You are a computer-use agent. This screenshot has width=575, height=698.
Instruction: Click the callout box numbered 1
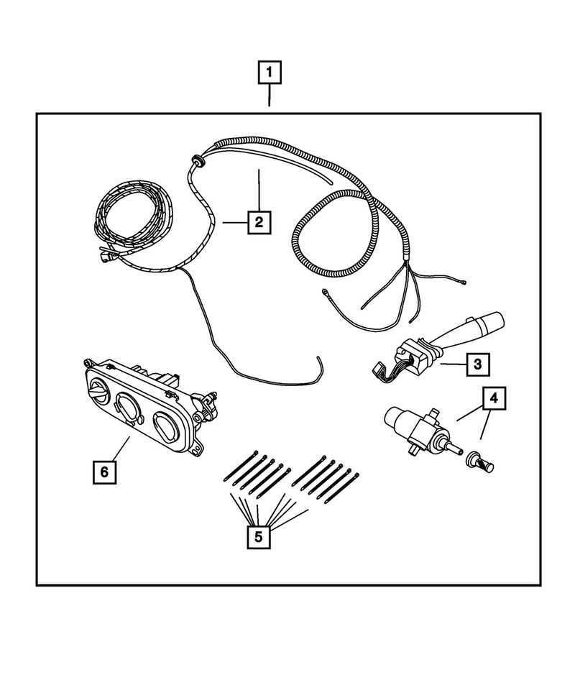pyautogui.click(x=270, y=73)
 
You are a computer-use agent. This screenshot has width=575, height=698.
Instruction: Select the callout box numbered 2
pyautogui.click(x=259, y=221)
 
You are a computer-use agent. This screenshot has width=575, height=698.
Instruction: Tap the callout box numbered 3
pyautogui.click(x=478, y=364)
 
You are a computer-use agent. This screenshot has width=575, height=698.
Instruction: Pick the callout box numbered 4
pyautogui.click(x=494, y=398)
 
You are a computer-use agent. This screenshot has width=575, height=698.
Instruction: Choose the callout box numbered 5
pyautogui.click(x=259, y=537)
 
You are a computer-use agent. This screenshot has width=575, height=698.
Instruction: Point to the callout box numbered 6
pyautogui.click(x=105, y=472)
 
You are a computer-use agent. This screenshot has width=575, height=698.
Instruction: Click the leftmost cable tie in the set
pyautogui.click(x=240, y=466)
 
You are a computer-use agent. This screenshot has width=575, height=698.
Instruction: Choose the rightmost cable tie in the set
pyautogui.click(x=342, y=489)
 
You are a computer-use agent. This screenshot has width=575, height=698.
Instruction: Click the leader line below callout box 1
pyautogui.click(x=270, y=96)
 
